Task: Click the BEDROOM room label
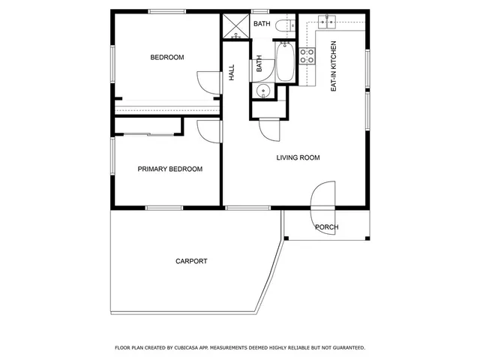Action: point(166,58)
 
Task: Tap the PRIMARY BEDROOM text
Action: point(170,169)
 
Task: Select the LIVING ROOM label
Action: point(298,157)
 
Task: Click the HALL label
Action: point(232,72)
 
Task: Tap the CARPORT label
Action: point(191,262)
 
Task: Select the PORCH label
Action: point(326,227)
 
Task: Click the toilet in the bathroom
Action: point(282,28)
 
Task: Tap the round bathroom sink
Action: point(262,91)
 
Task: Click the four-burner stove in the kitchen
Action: point(307,55)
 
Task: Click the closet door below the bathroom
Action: point(269,129)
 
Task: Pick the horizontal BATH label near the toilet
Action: point(262,24)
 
